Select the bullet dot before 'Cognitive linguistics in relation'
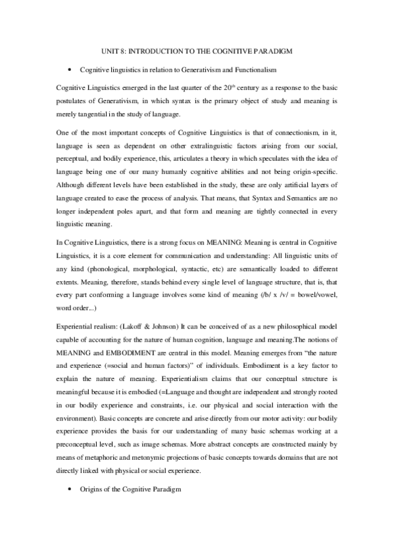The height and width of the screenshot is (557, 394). click(69, 69)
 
